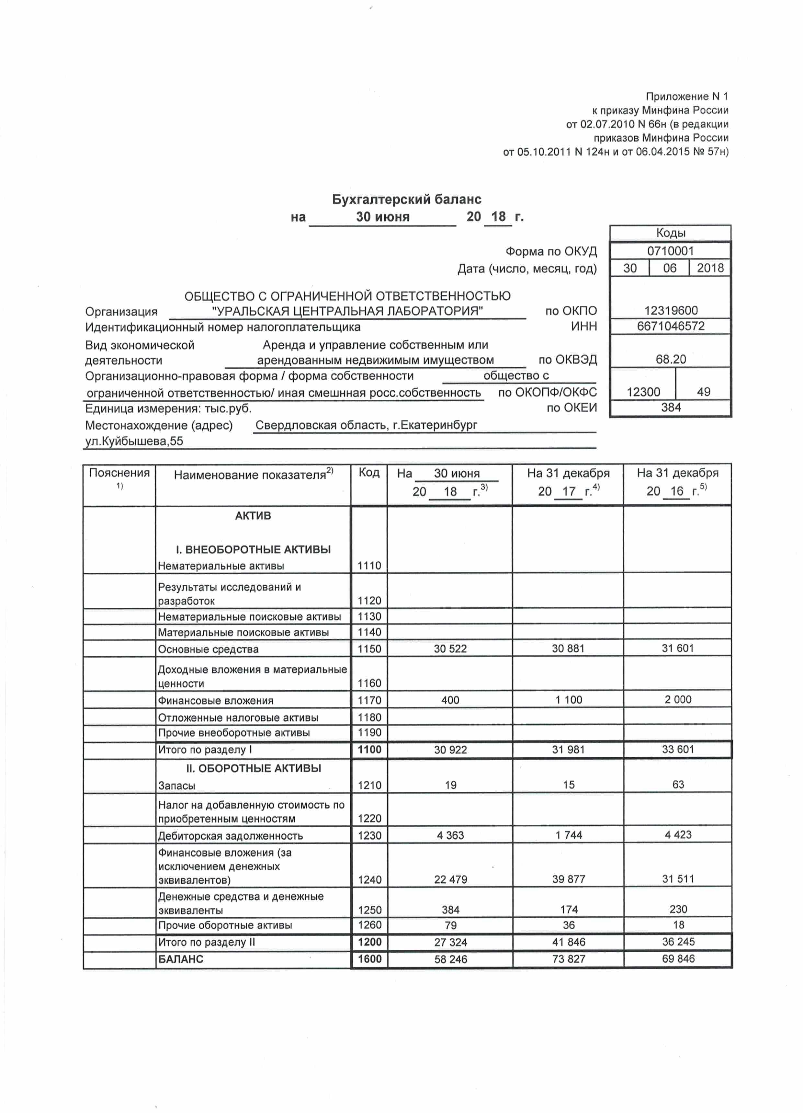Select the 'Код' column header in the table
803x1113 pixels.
point(369,473)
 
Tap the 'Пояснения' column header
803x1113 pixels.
point(119,473)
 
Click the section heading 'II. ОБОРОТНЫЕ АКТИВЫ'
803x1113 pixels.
point(253,768)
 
